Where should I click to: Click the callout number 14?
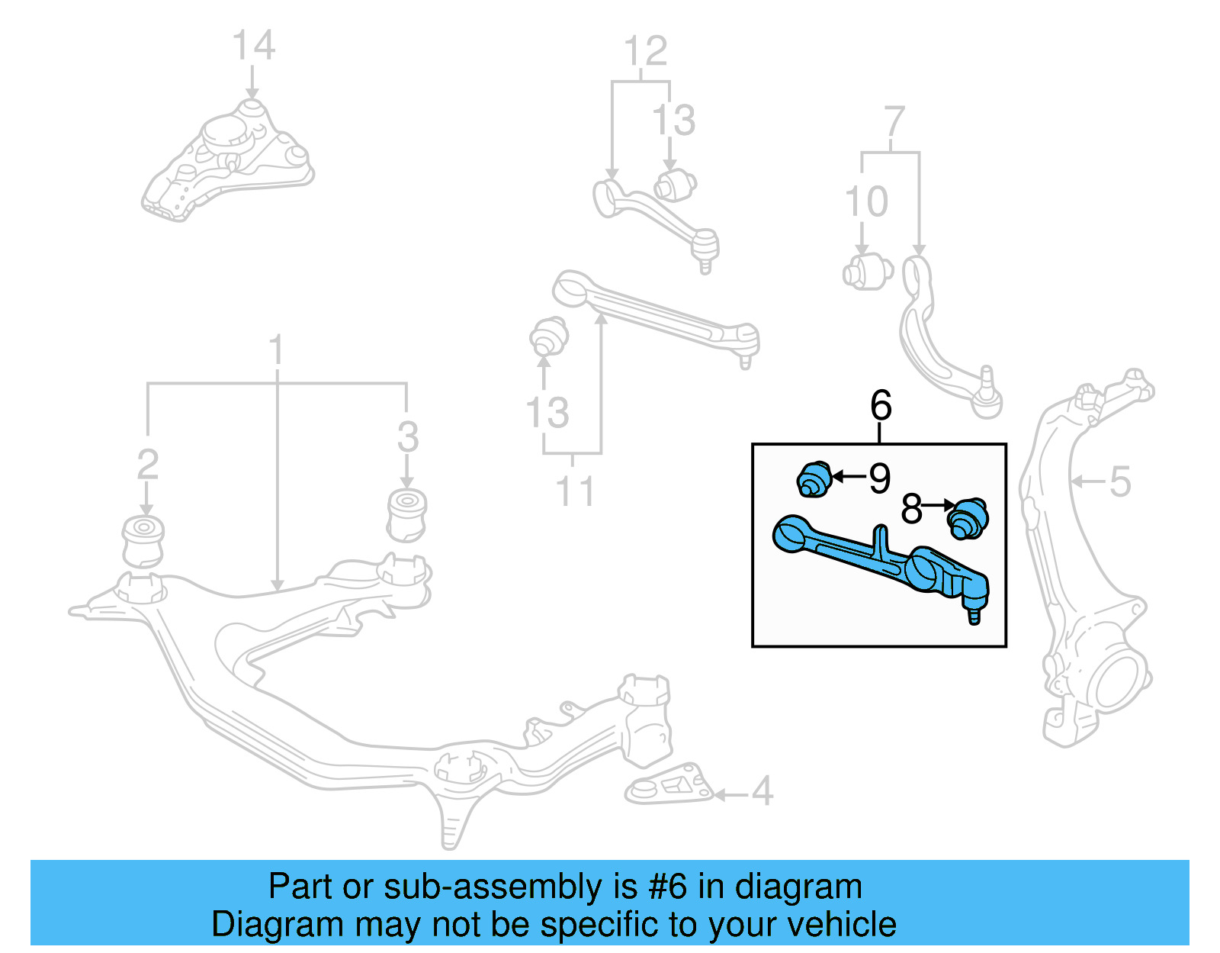tap(253, 46)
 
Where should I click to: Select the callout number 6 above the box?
tap(881, 405)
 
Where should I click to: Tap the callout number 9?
tap(879, 478)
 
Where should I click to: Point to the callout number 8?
tap(912, 509)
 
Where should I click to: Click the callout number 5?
tap(1119, 481)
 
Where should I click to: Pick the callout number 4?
tap(762, 791)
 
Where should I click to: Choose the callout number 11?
tap(574, 491)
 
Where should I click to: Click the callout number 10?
tap(867, 202)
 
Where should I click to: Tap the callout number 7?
tap(894, 121)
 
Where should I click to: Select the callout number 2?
tap(148, 464)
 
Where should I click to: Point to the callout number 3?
tap(408, 437)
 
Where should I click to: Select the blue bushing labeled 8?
tap(968, 518)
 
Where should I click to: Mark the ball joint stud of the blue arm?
tap(974, 613)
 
